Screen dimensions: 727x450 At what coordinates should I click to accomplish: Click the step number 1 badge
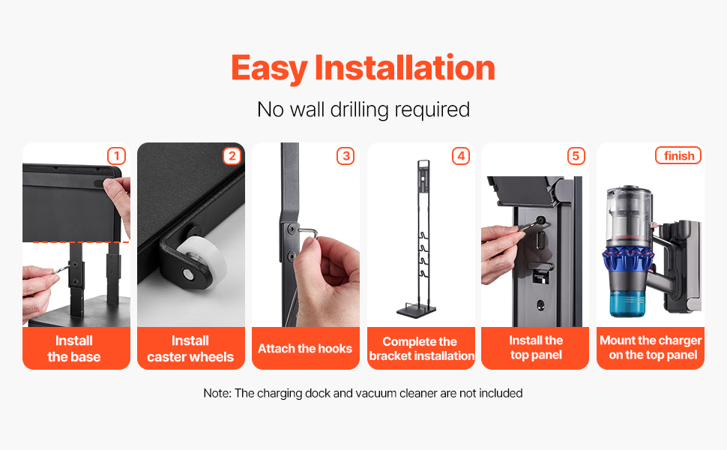pos(116,156)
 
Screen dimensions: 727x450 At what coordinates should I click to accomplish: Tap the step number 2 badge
pos(232,156)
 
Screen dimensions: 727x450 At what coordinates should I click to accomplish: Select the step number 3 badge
pos(346,156)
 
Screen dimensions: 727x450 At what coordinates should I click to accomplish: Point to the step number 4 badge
pos(461,156)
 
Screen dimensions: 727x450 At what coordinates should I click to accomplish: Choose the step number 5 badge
pos(576,156)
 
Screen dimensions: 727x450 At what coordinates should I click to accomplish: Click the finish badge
pos(678,155)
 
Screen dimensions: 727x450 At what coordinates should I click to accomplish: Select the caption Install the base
pos(74,349)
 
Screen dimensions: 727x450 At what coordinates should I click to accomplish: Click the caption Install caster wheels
pos(190,349)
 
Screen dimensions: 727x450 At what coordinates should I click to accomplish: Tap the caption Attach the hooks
pos(305,349)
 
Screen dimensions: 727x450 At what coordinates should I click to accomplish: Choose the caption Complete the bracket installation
pos(421,349)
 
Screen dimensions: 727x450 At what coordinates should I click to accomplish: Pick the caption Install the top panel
pos(536,347)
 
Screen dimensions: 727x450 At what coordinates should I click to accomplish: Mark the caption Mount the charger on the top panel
pos(651,347)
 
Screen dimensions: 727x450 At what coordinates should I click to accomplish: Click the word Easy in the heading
pos(269,69)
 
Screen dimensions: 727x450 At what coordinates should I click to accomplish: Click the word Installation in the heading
pos(405,67)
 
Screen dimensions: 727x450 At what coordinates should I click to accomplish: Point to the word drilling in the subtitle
pos(359,110)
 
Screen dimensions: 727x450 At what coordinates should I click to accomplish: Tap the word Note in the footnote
pos(217,394)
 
